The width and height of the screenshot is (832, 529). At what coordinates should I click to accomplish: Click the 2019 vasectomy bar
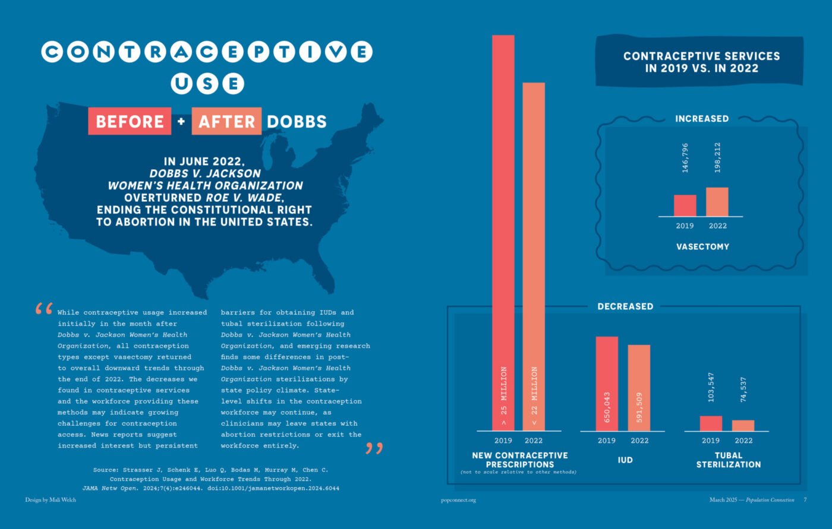(x=685, y=205)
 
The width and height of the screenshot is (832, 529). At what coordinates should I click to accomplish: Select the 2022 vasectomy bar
(x=717, y=202)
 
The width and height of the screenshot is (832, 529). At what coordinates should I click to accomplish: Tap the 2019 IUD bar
(x=607, y=384)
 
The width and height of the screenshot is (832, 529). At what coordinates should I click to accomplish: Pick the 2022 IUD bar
(x=639, y=388)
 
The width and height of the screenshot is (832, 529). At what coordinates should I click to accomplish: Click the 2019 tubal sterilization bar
(x=711, y=423)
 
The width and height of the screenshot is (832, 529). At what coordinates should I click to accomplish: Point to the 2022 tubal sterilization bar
(x=743, y=426)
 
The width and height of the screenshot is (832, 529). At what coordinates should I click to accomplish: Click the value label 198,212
(x=717, y=157)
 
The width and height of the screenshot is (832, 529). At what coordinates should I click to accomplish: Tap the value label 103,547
(x=711, y=387)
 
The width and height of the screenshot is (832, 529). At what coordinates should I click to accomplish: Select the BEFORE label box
(x=130, y=122)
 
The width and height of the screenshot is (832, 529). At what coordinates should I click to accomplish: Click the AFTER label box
(x=226, y=122)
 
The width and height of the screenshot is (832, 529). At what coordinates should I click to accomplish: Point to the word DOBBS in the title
(x=297, y=122)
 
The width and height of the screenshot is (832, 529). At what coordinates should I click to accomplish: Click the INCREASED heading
(x=702, y=119)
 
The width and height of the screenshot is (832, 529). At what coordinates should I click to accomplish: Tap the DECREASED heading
(x=625, y=306)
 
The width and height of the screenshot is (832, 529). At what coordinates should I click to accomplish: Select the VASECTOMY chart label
(x=702, y=246)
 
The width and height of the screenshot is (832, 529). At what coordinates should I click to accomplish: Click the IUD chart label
(x=625, y=460)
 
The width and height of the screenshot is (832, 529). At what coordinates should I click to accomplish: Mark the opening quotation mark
(x=43, y=309)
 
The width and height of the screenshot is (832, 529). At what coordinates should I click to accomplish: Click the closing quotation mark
(x=374, y=448)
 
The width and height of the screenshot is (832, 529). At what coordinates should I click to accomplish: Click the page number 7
(x=805, y=500)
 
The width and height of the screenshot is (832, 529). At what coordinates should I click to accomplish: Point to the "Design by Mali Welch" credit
(x=51, y=500)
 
